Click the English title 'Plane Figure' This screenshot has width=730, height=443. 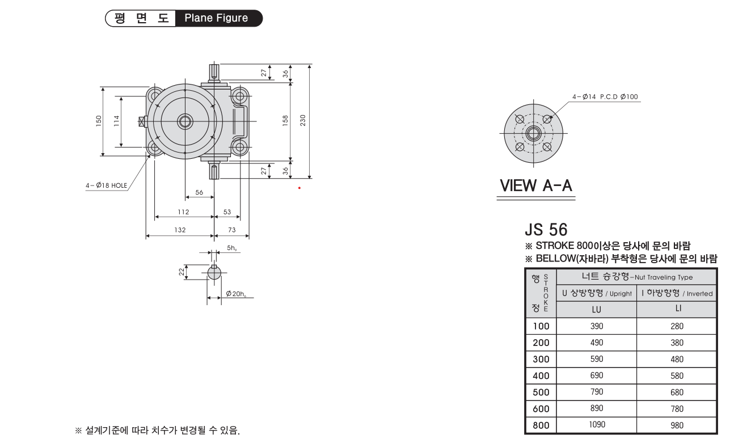(x=216, y=18)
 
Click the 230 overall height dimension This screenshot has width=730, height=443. (x=303, y=120)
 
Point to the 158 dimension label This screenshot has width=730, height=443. (x=285, y=121)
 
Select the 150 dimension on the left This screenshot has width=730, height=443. (x=99, y=121)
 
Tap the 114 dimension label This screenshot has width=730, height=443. (x=116, y=121)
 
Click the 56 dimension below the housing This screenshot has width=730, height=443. (x=199, y=192)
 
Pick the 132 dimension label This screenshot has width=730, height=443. (x=180, y=230)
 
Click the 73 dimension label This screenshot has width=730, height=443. (x=232, y=230)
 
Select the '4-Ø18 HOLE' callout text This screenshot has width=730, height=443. (x=106, y=185)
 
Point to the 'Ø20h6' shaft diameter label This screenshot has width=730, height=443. (x=236, y=294)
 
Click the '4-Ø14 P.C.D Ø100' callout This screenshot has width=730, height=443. (x=605, y=96)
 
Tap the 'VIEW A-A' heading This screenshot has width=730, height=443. (x=536, y=185)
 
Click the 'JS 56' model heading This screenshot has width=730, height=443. (x=546, y=230)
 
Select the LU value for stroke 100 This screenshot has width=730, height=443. (x=597, y=326)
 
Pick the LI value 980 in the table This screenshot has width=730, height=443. (x=677, y=425)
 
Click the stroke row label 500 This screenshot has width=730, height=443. (x=541, y=392)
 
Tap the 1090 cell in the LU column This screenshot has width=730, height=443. (x=597, y=424)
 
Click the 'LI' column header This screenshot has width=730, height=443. (x=678, y=309)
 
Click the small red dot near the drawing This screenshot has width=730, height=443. (x=299, y=188)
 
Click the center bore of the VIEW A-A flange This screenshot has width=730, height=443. (x=534, y=133)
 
